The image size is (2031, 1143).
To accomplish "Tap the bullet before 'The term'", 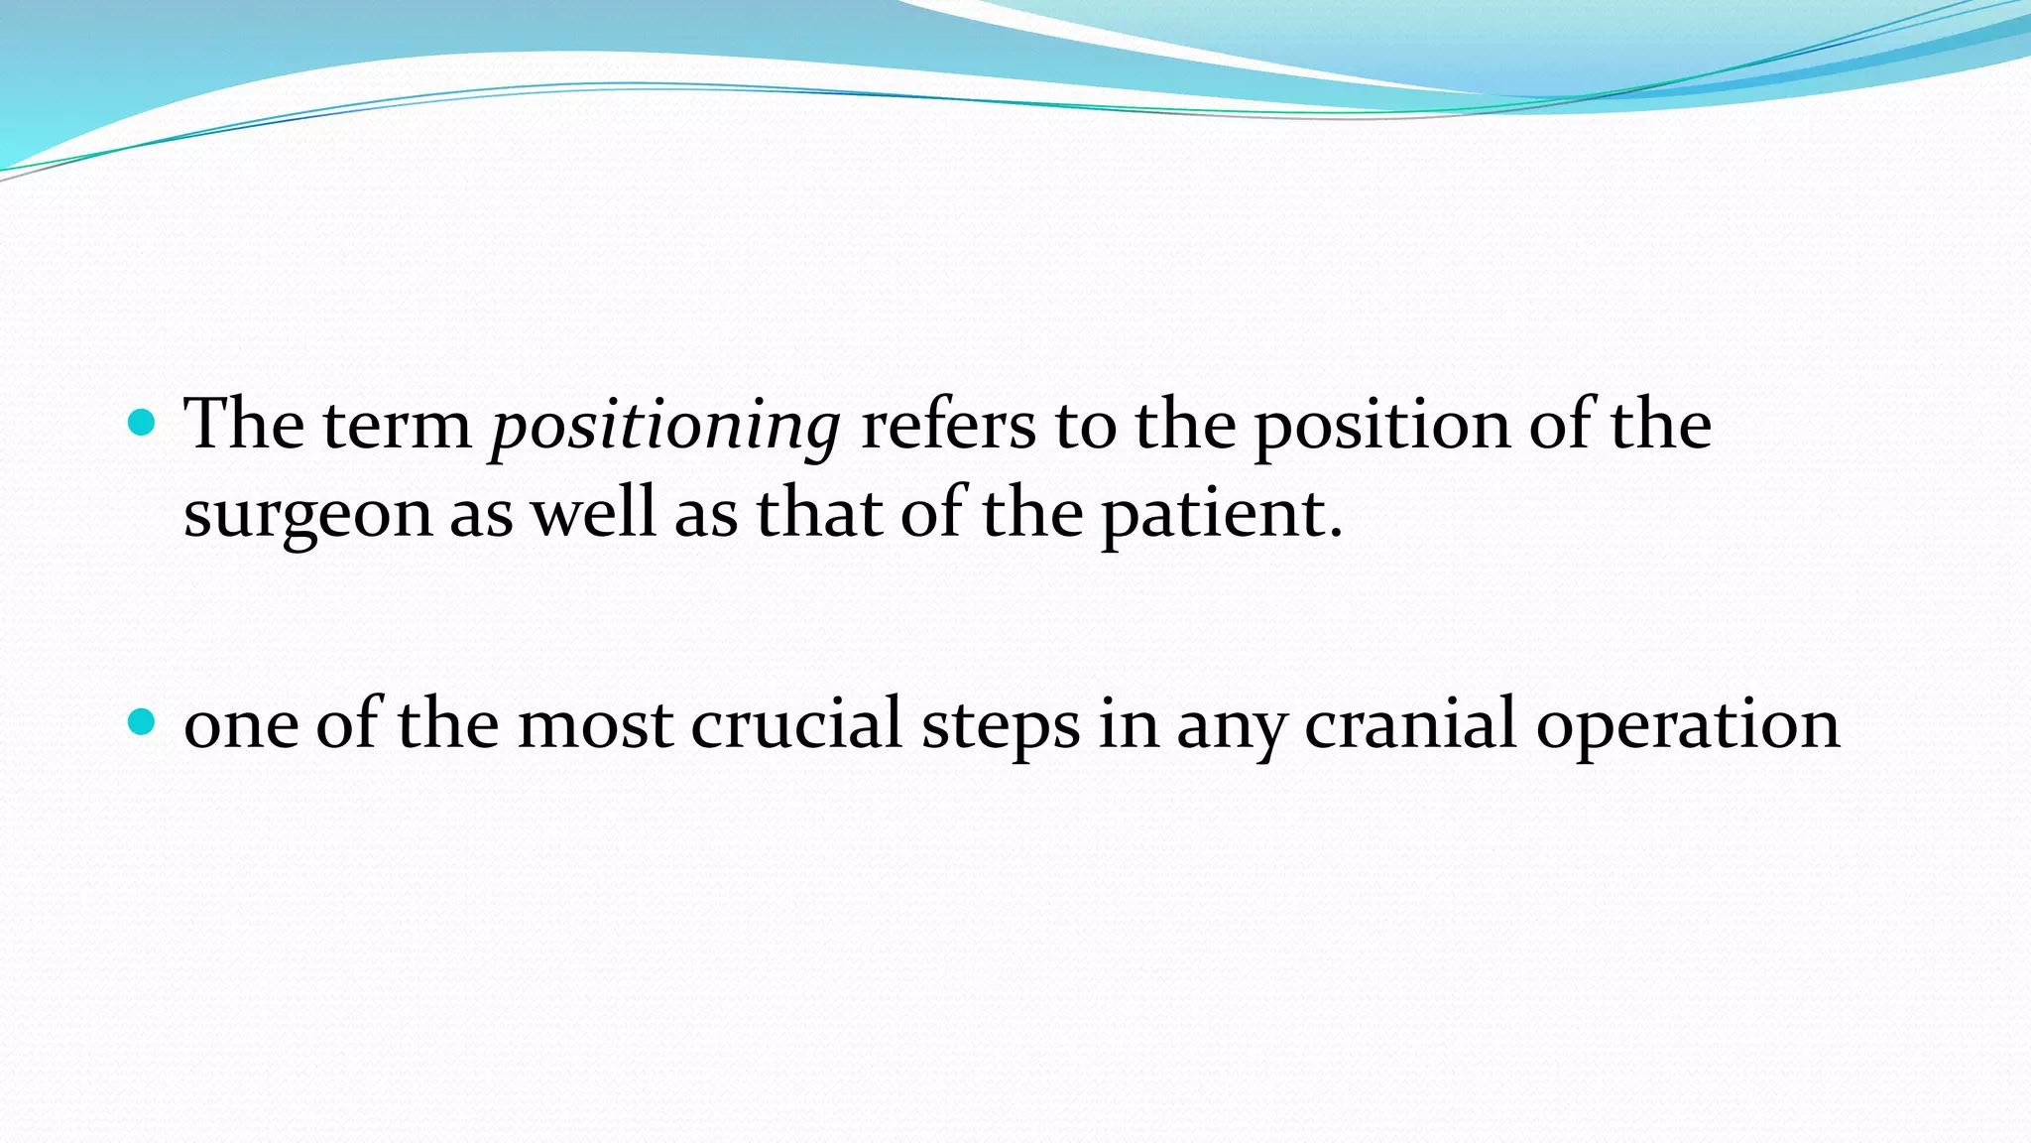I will click(x=143, y=424).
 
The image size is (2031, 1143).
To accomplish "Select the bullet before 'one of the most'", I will click(x=143, y=722).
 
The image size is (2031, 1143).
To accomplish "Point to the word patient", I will click(x=1214, y=516).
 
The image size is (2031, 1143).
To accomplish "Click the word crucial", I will click(x=795, y=724).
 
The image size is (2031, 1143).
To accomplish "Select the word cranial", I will click(x=1409, y=724).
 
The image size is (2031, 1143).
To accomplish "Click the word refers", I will click(x=947, y=427).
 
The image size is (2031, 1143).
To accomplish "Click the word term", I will click(x=397, y=427).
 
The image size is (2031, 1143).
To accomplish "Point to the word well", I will click(x=593, y=516).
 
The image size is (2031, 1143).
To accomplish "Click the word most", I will click(x=595, y=724).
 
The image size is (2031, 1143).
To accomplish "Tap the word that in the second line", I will click(x=819, y=516).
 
